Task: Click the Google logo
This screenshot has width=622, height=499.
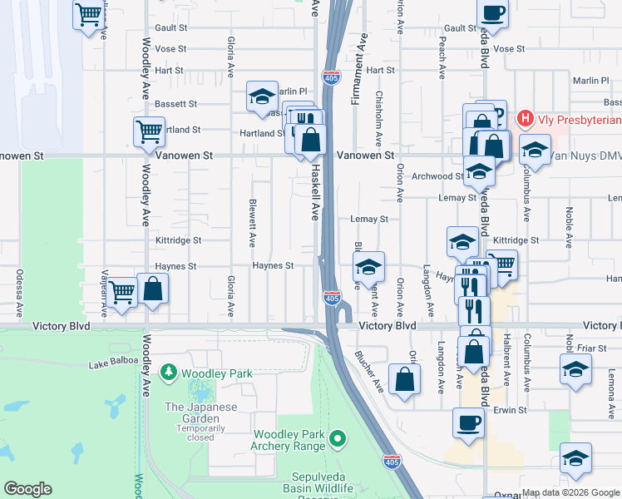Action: (x=27, y=489)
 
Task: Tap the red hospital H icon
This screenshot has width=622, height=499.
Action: (x=525, y=119)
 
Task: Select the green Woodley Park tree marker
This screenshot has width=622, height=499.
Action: (x=169, y=372)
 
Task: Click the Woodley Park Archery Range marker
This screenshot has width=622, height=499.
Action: (x=337, y=437)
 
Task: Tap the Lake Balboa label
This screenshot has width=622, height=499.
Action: (x=111, y=364)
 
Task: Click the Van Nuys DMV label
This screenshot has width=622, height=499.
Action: (x=583, y=157)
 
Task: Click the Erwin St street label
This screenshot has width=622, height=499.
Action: (x=510, y=410)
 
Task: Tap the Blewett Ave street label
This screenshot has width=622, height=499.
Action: (x=251, y=222)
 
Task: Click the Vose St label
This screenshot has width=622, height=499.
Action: (x=170, y=49)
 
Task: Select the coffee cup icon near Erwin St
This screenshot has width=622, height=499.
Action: (x=468, y=422)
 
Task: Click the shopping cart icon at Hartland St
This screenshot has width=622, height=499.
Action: (x=149, y=131)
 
